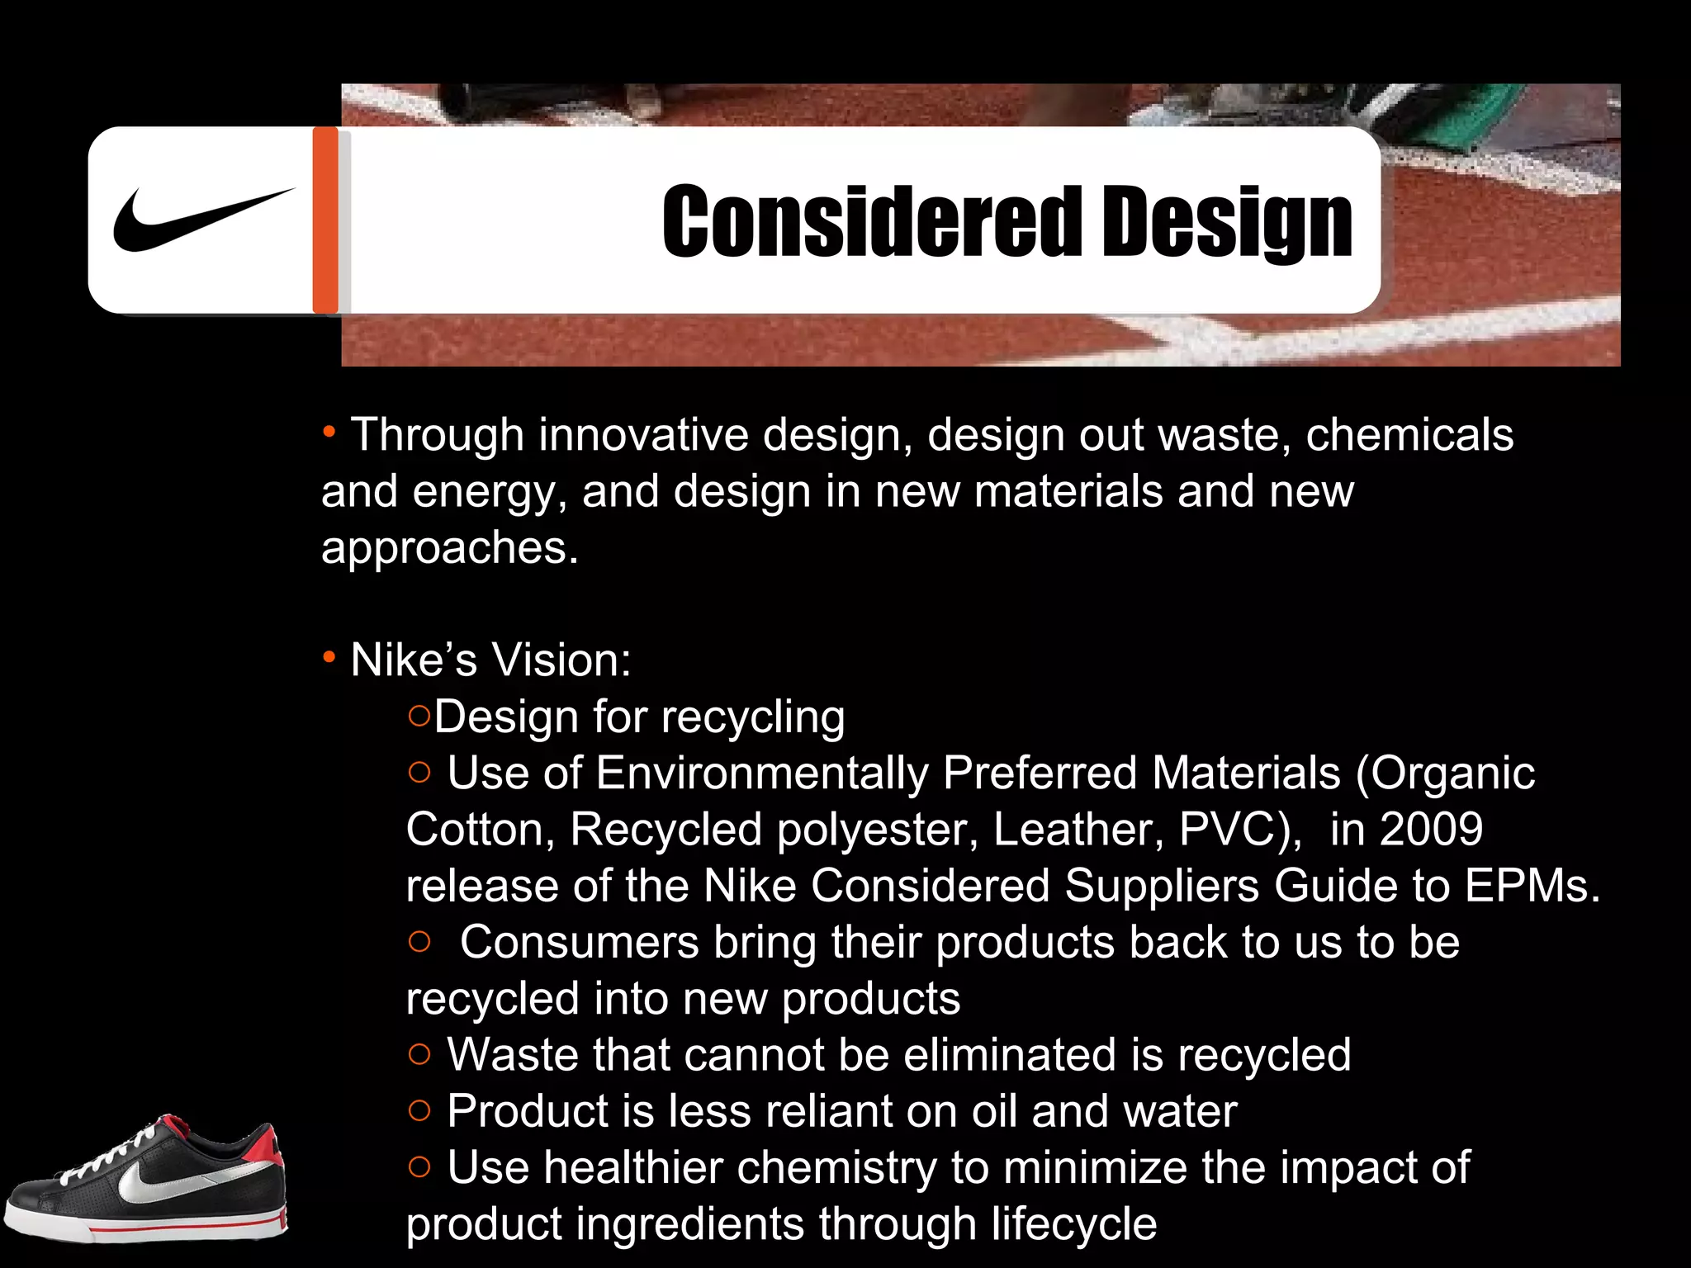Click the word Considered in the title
(x=872, y=221)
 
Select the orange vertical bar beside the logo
(x=325, y=220)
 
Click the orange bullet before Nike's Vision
(x=329, y=658)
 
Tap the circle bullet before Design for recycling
(x=419, y=716)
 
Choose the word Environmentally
(x=762, y=773)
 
